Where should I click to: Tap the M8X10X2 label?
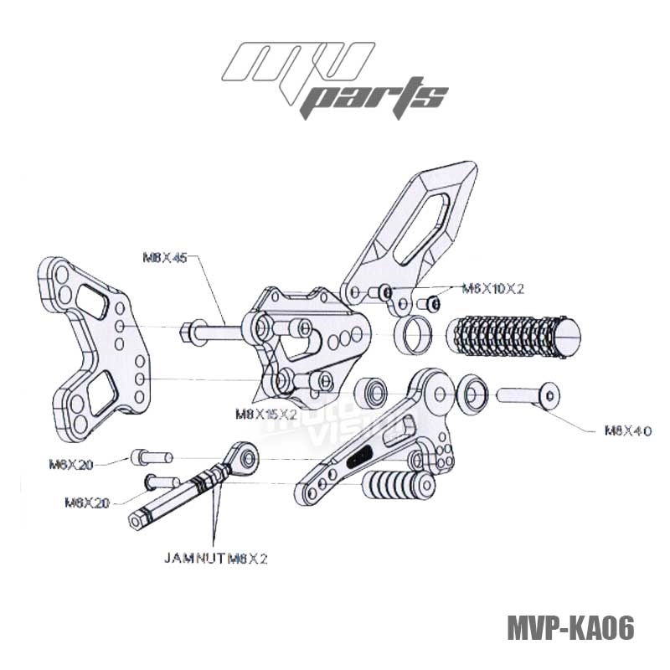point(493,288)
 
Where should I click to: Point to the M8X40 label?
point(628,431)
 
